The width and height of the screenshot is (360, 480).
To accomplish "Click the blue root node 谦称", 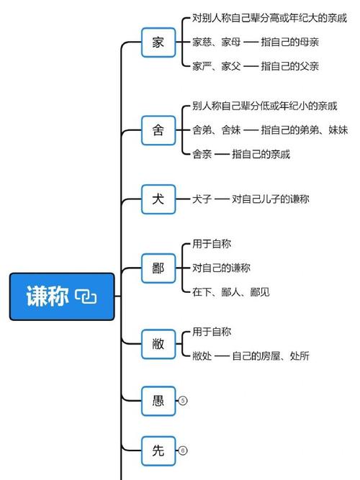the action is pyautogui.click(x=62, y=296).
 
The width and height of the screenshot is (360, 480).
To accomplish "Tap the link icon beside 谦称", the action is pyautogui.click(x=86, y=296).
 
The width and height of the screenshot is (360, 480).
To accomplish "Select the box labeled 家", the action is pyautogui.click(x=158, y=42).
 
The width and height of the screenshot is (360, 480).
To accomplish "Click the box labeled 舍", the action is pyautogui.click(x=158, y=130).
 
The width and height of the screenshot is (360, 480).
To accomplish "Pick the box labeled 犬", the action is pyautogui.click(x=158, y=199).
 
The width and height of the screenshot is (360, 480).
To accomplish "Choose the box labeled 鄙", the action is pyautogui.click(x=158, y=268).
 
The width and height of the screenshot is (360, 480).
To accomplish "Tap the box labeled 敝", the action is pyautogui.click(x=158, y=344).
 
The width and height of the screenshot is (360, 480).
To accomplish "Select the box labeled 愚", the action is pyautogui.click(x=158, y=401).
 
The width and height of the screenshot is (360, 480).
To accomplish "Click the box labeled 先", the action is pyautogui.click(x=158, y=451).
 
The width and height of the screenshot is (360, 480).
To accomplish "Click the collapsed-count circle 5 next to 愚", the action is pyautogui.click(x=183, y=401).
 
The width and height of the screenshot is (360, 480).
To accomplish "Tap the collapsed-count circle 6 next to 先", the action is pyautogui.click(x=183, y=450).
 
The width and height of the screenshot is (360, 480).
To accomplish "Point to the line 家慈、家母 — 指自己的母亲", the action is pyautogui.click(x=256, y=42).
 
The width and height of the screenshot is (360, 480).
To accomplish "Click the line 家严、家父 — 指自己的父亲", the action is pyautogui.click(x=256, y=66).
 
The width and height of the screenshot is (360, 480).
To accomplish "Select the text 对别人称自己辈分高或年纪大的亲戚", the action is pyautogui.click(x=269, y=18).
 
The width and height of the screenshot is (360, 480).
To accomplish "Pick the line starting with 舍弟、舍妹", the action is pyautogui.click(x=270, y=130).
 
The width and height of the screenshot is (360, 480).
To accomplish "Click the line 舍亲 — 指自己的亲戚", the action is pyautogui.click(x=241, y=154).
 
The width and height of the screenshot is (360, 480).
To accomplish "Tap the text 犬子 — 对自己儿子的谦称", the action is pyautogui.click(x=251, y=199).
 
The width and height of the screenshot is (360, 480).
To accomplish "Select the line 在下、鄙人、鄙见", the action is pyautogui.click(x=231, y=292).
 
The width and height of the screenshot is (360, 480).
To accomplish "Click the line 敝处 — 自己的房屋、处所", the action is pyautogui.click(x=251, y=356).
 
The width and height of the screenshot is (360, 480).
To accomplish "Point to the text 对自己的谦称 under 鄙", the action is pyautogui.click(x=221, y=268).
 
